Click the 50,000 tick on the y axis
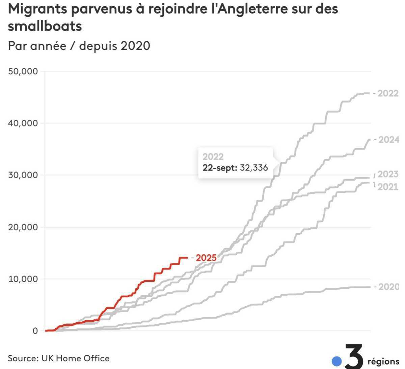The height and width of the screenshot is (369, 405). [23, 71]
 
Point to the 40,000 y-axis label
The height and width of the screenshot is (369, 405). [23, 123]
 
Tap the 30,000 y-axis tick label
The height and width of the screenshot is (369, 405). [23, 175]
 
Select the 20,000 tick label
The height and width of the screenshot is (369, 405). [23, 227]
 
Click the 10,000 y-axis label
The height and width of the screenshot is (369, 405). [23, 279]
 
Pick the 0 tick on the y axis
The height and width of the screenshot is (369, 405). [35, 331]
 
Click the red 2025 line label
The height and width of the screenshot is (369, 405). [206, 258]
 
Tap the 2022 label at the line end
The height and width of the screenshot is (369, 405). [388, 93]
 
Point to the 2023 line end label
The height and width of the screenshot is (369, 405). [388, 174]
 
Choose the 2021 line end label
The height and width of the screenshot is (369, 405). [388, 186]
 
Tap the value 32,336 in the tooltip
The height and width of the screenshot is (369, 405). [254, 167]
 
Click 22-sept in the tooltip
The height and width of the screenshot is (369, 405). [220, 167]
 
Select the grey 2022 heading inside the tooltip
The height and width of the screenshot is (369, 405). [213, 157]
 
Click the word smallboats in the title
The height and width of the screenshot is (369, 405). [45, 26]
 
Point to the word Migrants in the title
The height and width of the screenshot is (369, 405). [37, 9]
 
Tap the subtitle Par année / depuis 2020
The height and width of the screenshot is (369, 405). [79, 45]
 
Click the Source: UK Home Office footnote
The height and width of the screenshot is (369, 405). [59, 358]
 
